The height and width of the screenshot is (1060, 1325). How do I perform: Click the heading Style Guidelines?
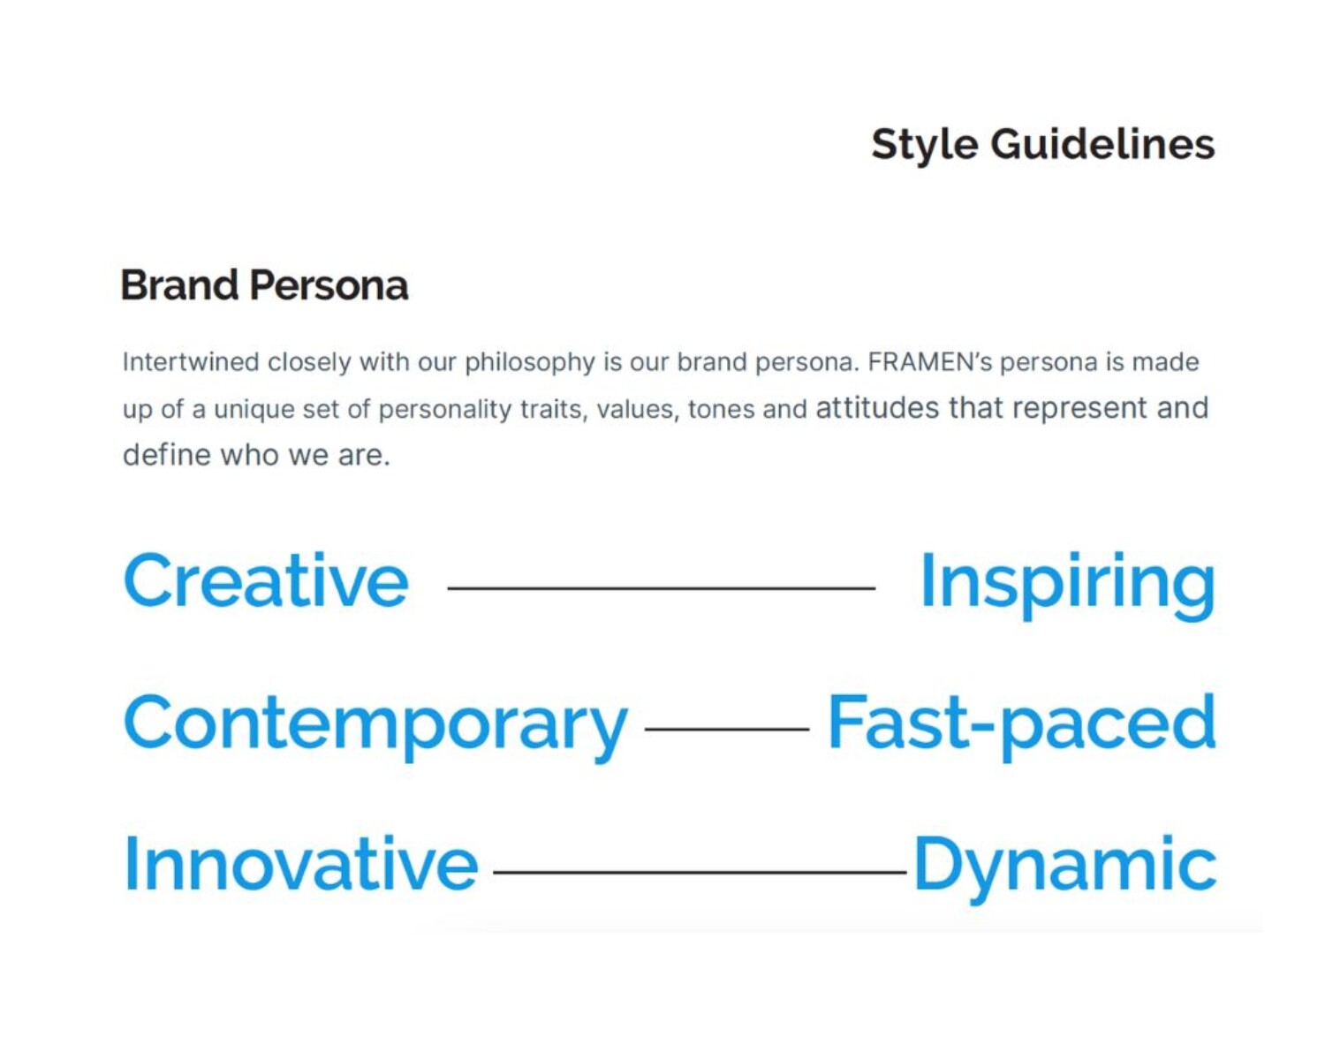click(x=1043, y=146)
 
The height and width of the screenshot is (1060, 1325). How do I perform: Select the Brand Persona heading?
click(x=265, y=285)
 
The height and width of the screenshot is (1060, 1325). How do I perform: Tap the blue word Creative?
click(x=266, y=579)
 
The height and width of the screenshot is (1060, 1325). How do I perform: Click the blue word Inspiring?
click(x=1068, y=585)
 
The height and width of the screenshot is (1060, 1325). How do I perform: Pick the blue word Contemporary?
click(x=375, y=727)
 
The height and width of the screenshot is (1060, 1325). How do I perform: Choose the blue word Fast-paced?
click(x=1022, y=727)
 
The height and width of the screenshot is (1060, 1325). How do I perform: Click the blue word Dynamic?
click(x=1065, y=868)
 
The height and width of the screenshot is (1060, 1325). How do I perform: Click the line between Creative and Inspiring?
click(x=662, y=588)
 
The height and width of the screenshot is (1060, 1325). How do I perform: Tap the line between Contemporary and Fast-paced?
click(x=727, y=729)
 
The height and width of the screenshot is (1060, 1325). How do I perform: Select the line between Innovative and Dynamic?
click(x=700, y=872)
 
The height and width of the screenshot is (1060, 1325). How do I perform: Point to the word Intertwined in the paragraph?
click(x=191, y=361)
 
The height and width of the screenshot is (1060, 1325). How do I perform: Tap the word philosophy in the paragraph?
click(x=530, y=363)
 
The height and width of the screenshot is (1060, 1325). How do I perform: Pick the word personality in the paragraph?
click(x=444, y=411)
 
